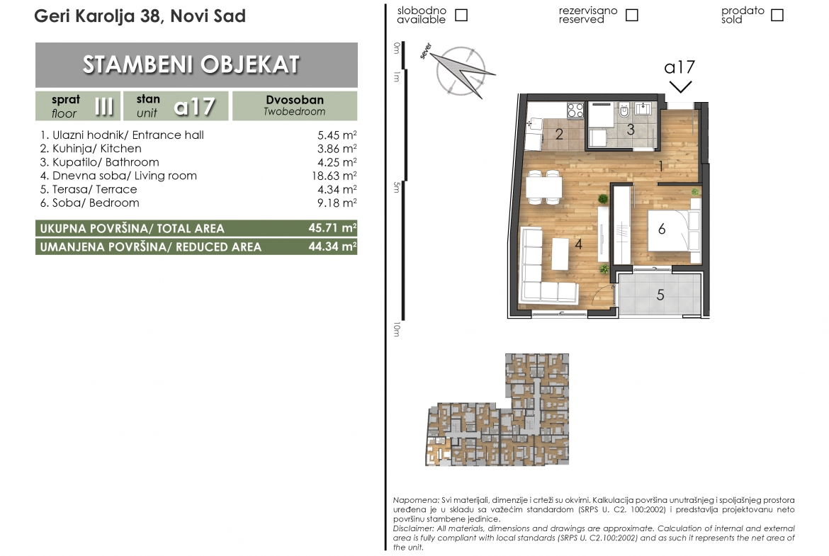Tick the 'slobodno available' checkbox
[x=461, y=15]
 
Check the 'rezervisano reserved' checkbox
[x=631, y=15]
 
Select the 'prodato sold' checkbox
[x=777, y=15]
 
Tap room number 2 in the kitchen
[x=559, y=135]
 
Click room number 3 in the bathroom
[x=630, y=130]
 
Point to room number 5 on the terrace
[x=660, y=295]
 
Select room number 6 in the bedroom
[x=661, y=229]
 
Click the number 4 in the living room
[x=578, y=244]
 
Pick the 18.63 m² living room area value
[x=334, y=176]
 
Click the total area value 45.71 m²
[x=332, y=228]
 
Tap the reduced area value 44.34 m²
[x=332, y=246]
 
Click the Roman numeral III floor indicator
[x=103, y=106]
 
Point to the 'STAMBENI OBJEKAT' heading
[x=191, y=64]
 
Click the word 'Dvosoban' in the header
[x=295, y=100]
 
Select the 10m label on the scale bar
[x=397, y=330]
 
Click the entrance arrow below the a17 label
[x=680, y=87]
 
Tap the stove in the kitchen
[x=575, y=110]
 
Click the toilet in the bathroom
[x=624, y=110]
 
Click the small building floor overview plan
[x=497, y=410]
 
